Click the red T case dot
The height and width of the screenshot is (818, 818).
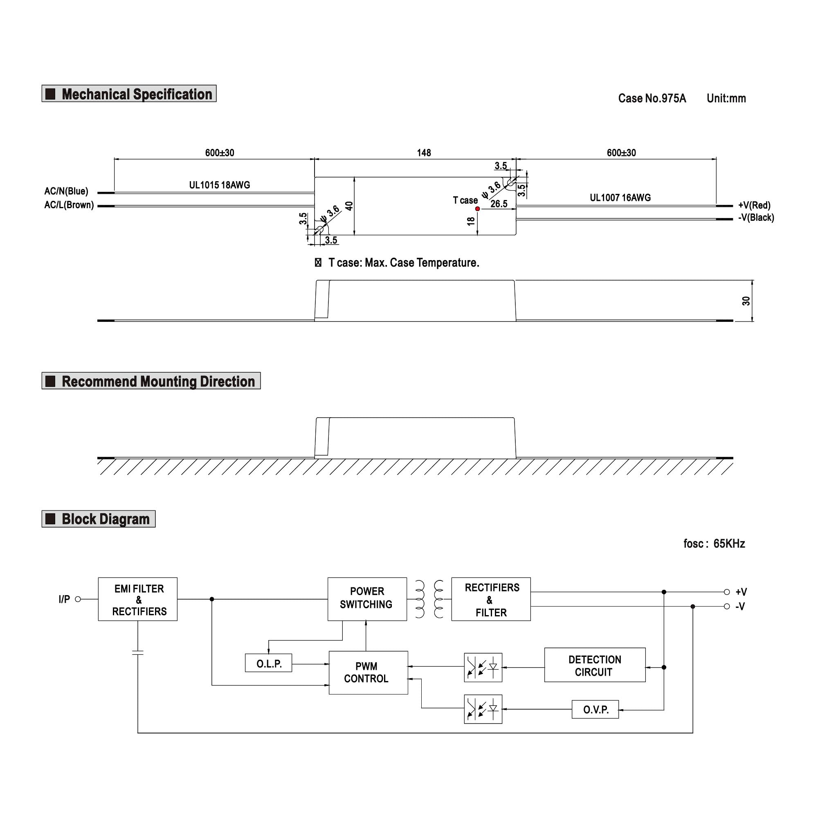(x=477, y=209)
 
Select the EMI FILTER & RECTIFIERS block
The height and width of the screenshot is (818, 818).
(x=137, y=599)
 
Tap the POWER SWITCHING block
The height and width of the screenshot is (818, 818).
(x=367, y=599)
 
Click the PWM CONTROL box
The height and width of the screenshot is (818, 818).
(x=368, y=672)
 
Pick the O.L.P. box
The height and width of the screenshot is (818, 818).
(x=268, y=663)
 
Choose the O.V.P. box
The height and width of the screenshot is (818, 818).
(x=595, y=709)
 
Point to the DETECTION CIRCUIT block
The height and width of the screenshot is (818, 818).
(x=594, y=665)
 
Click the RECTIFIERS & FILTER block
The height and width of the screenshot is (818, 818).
(x=491, y=599)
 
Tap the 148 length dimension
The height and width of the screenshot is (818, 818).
(x=424, y=153)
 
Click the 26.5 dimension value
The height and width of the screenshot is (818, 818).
(x=499, y=204)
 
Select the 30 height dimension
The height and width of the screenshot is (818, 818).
(x=746, y=301)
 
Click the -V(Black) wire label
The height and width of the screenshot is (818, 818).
(x=756, y=218)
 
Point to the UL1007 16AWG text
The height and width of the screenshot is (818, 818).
(x=620, y=198)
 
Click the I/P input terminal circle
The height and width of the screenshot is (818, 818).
(x=78, y=599)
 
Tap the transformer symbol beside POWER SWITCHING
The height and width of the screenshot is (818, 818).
(x=429, y=599)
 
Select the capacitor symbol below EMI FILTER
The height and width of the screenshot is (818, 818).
(x=137, y=652)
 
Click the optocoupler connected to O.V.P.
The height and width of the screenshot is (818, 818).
(x=483, y=709)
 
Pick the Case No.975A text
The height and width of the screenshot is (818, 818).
(x=652, y=99)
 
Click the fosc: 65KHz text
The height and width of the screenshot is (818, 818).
(x=714, y=544)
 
